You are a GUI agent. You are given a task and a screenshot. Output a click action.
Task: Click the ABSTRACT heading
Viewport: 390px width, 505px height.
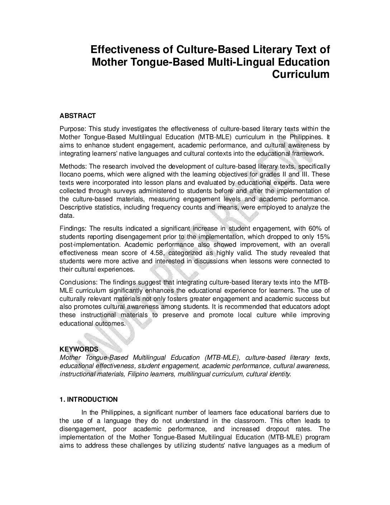[77, 116]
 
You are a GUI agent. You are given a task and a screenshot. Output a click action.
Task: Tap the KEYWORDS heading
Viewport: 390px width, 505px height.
[79, 349]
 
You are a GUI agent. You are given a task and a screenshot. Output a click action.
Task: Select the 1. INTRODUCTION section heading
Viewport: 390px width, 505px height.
[88, 400]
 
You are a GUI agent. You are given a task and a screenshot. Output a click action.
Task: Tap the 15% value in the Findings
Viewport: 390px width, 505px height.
[323, 237]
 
